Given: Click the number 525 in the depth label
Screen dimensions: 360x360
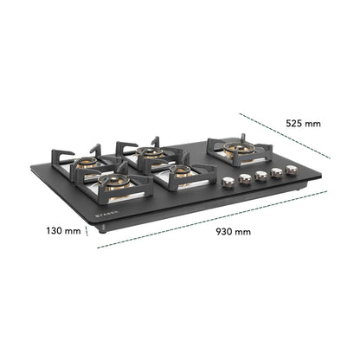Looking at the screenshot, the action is pos(294,124).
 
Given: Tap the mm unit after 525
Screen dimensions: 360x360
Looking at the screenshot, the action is pos(312,124).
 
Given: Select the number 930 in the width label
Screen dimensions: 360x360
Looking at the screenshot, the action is pos(224,232).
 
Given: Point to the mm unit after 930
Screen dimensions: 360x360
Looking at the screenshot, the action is pos(242,232).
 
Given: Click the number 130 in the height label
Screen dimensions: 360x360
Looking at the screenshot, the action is pos(54,231).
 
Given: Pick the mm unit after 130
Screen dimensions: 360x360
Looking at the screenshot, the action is pos(73,231).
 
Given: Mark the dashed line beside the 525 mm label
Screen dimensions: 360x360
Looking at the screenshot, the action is pos(285,136).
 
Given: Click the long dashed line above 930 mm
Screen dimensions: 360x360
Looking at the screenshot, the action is pos(212,219).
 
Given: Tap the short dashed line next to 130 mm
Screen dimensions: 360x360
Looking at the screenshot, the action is pos(87,231).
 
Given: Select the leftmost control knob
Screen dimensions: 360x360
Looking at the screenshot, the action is pos(228,183).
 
